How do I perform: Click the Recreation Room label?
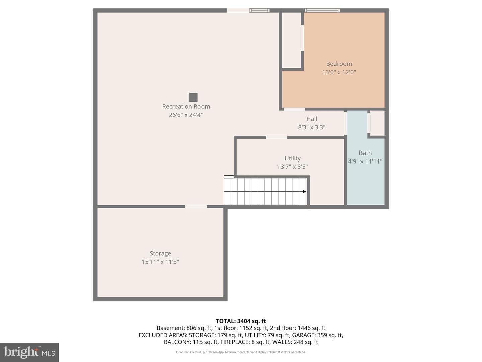(186, 106)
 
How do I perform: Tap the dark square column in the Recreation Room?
(193, 97)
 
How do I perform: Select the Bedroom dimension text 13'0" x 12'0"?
(339, 72)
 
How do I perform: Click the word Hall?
(312, 119)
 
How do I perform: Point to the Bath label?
(365, 153)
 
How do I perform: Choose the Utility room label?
(292, 158)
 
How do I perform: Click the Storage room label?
(160, 254)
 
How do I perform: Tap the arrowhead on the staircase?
(304, 192)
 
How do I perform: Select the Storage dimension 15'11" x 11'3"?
(160, 262)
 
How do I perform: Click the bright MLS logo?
(29, 352)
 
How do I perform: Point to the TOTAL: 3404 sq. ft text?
(241, 321)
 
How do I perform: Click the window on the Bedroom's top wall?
(322, 10)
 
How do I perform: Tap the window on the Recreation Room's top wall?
(259, 10)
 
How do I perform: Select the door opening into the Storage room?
(196, 206)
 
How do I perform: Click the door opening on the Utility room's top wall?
(277, 137)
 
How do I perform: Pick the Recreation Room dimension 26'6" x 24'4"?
(186, 115)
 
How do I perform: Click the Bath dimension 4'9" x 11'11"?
(365, 161)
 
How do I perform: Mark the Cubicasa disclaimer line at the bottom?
(241, 352)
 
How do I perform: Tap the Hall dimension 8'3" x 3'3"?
(312, 127)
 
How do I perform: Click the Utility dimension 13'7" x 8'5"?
(292, 167)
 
